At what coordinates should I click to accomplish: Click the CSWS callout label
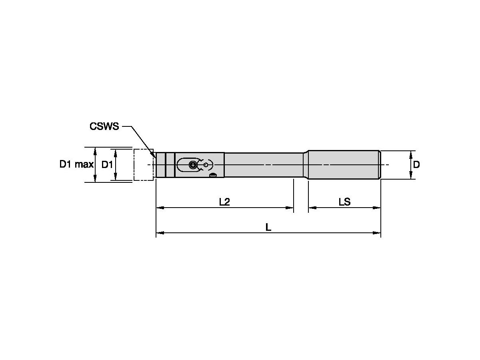point(104,126)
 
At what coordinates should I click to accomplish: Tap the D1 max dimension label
point(76,164)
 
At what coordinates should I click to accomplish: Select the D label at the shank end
point(416,164)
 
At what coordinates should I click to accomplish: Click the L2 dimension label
point(224,202)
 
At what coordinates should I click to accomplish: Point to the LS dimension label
point(344,202)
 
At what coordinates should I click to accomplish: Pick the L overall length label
point(268,227)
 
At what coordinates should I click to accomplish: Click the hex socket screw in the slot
point(193,164)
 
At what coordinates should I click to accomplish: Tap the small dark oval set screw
point(213,175)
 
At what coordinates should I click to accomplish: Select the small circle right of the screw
point(206,165)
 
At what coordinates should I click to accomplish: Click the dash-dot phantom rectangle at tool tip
point(144,165)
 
